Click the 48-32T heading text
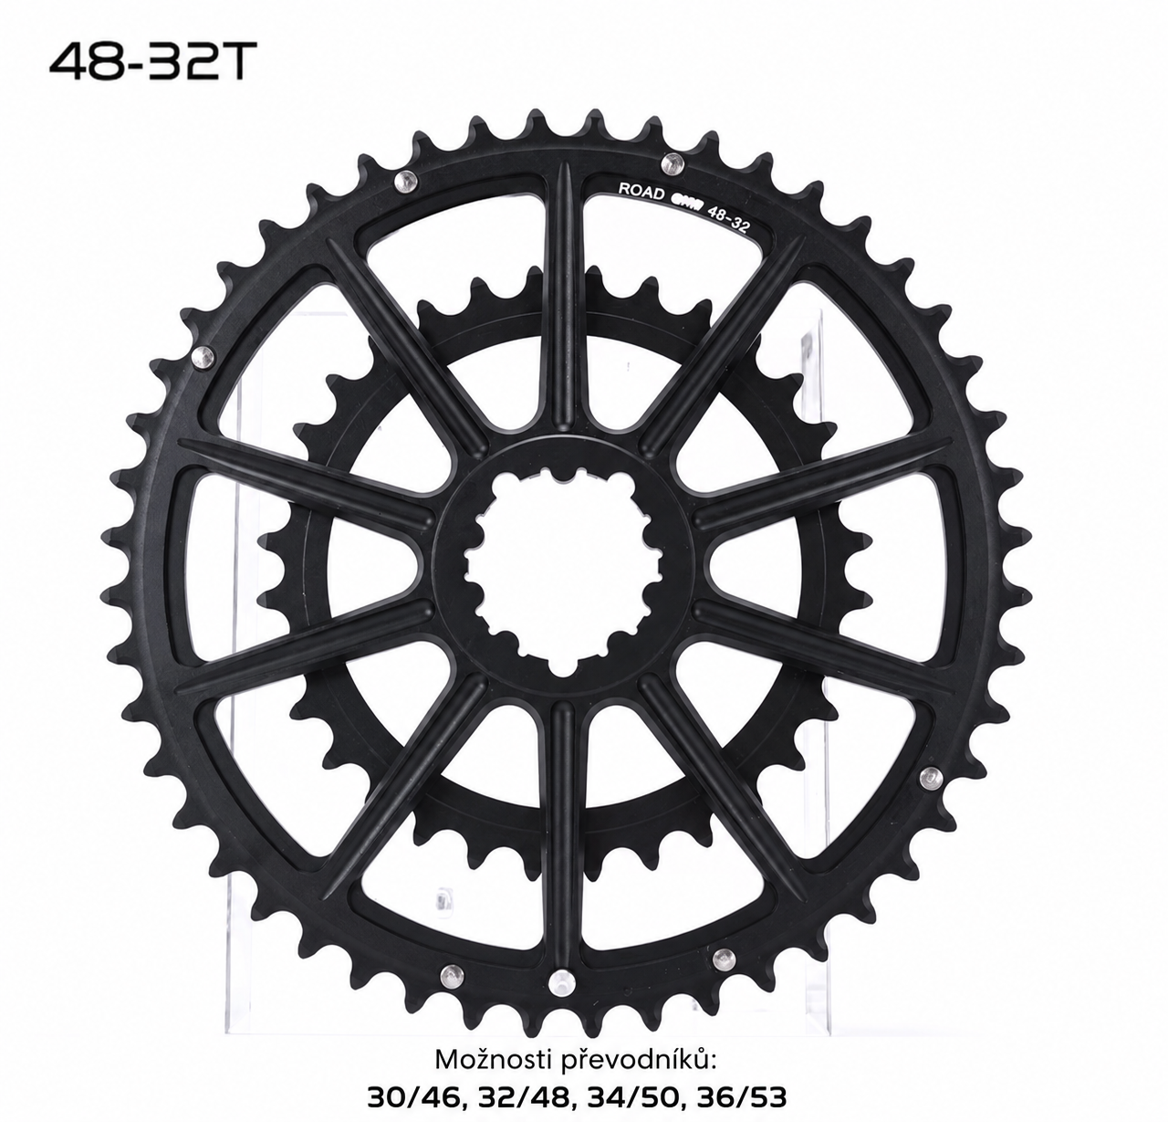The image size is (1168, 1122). point(148,63)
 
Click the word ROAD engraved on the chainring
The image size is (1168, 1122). point(641,192)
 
